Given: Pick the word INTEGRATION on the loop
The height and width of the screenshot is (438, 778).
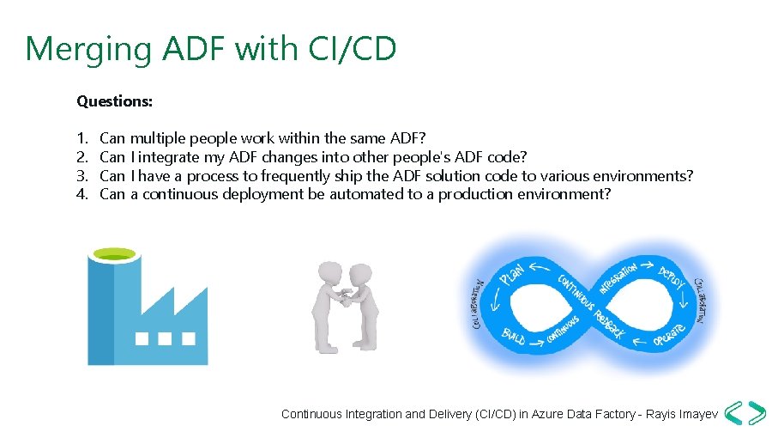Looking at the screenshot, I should click(618, 276).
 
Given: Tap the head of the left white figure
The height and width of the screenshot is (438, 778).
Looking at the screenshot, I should click(327, 273).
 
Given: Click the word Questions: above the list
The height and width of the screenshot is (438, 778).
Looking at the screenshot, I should click(115, 101).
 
